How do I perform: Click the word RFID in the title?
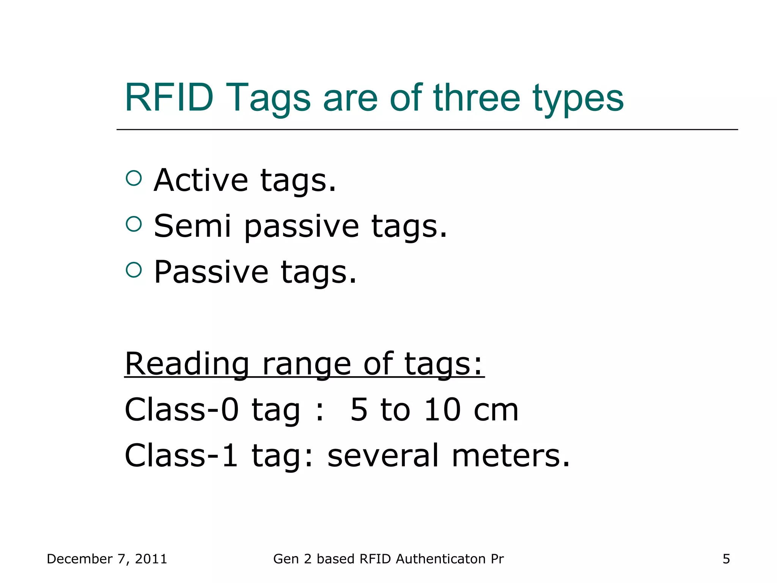coord(169,98)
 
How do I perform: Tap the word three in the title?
coord(477,98)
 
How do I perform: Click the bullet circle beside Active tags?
coord(134,178)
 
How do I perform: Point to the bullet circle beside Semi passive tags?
coord(134,224)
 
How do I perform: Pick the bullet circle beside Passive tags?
coord(134,270)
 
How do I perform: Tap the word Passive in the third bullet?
coord(211,272)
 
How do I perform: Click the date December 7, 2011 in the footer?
coord(107,559)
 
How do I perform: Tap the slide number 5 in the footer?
coord(726,559)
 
